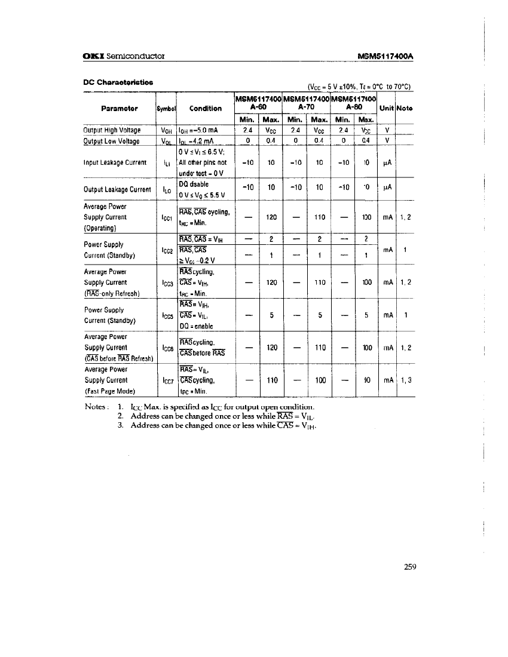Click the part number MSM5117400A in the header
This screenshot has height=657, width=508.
(x=386, y=56)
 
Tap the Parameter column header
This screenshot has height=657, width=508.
(x=120, y=108)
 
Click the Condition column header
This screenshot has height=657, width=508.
(x=205, y=108)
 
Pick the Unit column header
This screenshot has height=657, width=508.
(x=387, y=108)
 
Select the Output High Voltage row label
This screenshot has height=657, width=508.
(x=112, y=130)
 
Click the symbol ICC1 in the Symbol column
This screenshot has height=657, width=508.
(x=167, y=217)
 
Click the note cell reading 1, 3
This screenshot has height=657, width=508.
(x=405, y=380)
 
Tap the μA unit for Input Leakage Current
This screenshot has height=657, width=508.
(x=387, y=162)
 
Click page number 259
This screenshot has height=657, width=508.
(x=409, y=567)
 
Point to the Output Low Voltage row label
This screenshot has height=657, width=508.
(x=111, y=141)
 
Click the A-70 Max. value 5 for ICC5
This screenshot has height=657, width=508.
(x=320, y=315)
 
